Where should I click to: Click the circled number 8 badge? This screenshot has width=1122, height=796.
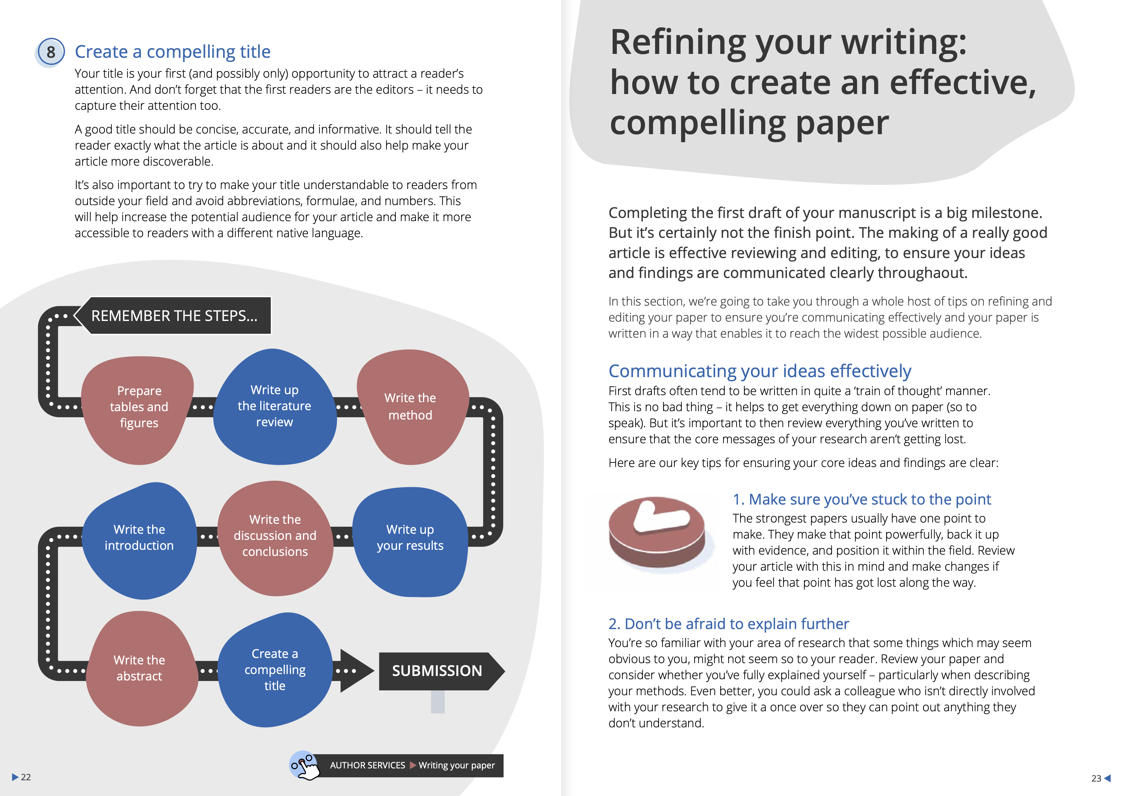pos(50,52)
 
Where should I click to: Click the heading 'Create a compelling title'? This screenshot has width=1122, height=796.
pos(172,51)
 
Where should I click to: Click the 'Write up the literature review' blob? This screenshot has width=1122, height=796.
pos(274,406)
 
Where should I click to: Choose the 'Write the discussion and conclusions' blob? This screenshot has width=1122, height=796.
pos(275,538)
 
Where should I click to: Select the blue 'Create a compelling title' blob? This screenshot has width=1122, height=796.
pos(275,670)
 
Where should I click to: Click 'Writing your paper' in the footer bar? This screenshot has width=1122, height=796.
pos(457,765)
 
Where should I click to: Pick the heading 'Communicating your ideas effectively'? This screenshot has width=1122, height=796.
pos(759,371)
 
